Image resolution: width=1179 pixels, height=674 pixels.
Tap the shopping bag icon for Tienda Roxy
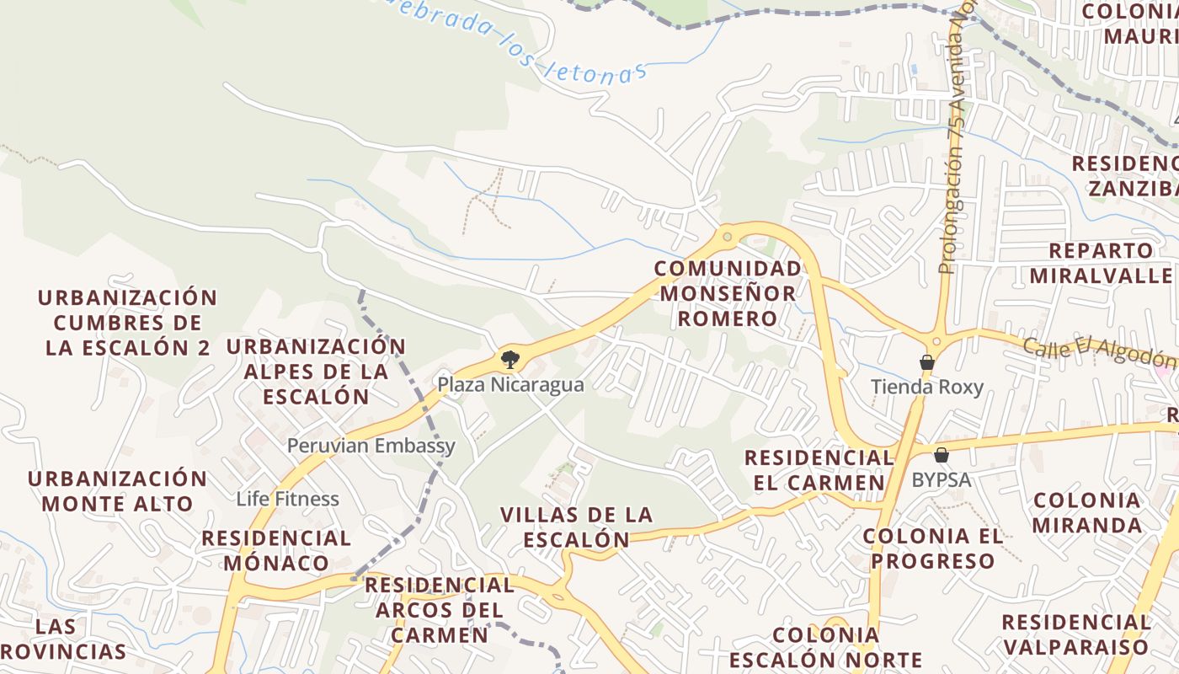coord(927,363)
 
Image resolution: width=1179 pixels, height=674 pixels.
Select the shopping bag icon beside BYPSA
coord(942,456)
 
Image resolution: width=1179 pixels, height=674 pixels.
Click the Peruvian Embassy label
coord(371,446)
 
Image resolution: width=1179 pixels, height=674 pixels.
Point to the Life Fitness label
coord(287,499)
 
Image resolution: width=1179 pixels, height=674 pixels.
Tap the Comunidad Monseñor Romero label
coord(728,293)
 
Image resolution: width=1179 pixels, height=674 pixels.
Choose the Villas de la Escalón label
coord(576,527)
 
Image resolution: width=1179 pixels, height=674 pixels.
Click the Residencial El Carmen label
coord(818,470)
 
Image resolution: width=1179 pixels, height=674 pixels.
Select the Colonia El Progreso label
coord(933,548)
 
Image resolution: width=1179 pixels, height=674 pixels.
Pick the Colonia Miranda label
coord(1086,512)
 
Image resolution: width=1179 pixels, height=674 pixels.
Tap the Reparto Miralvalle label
coord(1101,263)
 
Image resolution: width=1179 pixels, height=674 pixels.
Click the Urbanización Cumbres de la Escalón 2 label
coord(127,323)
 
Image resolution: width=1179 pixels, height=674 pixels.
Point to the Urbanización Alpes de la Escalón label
coord(316,372)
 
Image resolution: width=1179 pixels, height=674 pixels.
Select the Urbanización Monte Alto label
coord(117,491)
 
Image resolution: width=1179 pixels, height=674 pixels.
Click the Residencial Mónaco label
coord(276,550)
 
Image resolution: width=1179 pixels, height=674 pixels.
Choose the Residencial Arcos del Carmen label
coord(439,609)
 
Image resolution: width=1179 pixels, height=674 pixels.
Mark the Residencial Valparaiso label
coord(1075,634)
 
